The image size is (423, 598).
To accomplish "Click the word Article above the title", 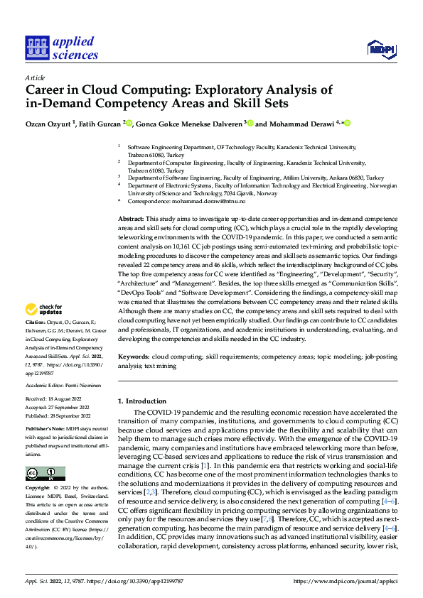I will point(35,77).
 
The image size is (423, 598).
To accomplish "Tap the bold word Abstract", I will point(131,219).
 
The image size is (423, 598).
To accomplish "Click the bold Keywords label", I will point(134,355).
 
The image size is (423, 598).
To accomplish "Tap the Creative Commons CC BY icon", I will point(45,473).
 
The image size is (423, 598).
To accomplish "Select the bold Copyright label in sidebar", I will point(38,489).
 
